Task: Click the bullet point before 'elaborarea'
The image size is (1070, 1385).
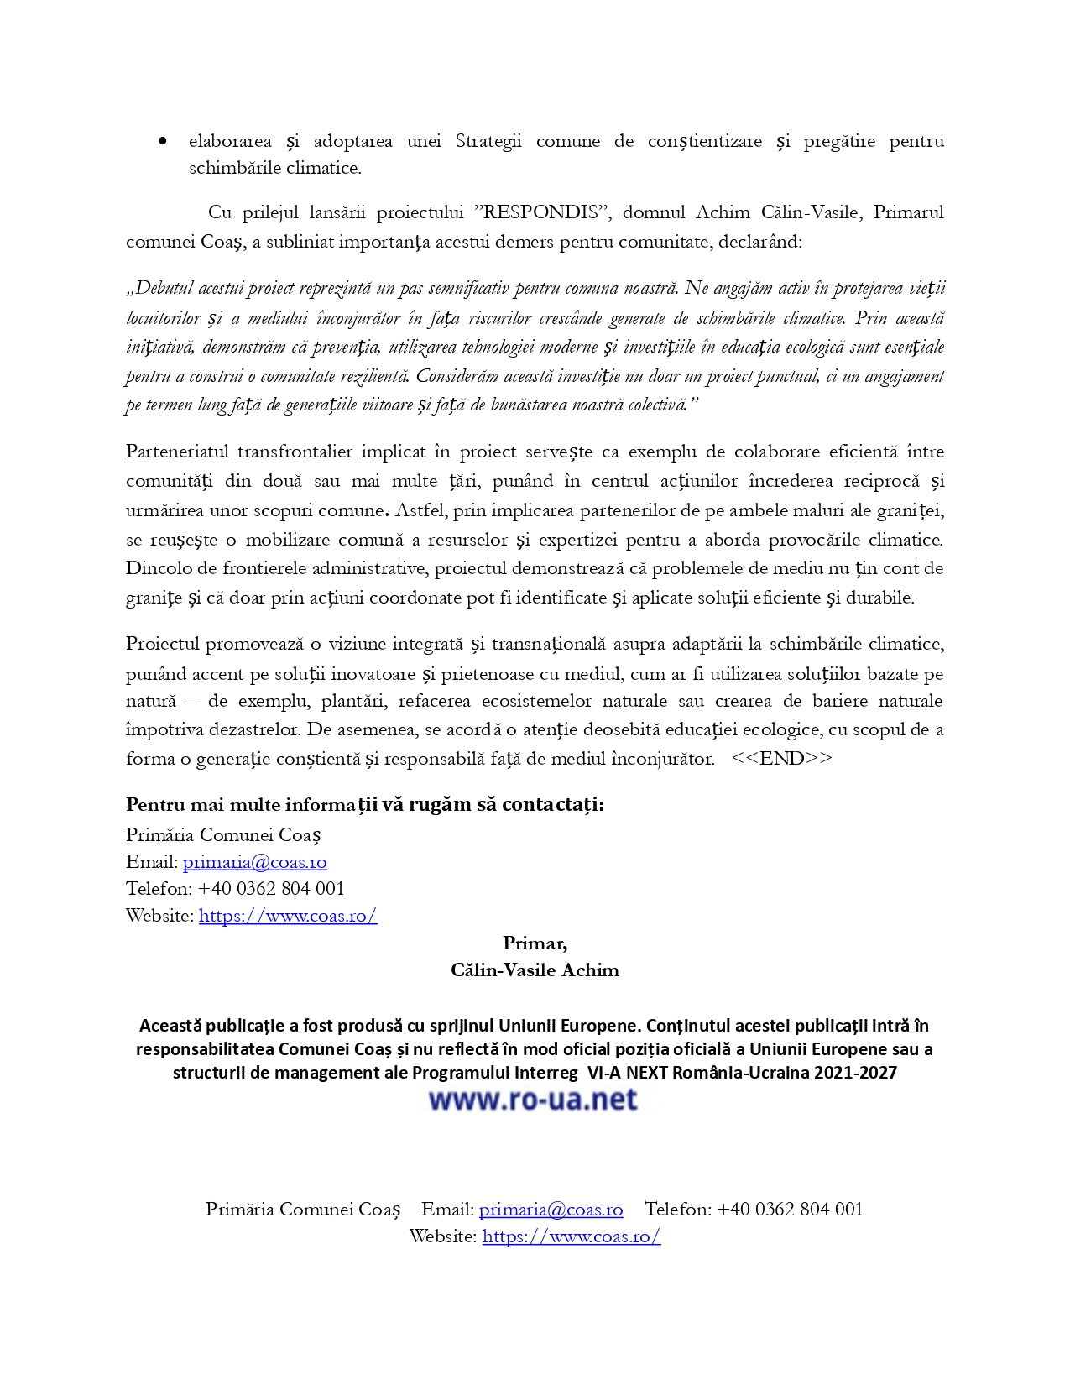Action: click(x=163, y=142)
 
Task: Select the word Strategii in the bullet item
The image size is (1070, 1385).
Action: click(x=488, y=141)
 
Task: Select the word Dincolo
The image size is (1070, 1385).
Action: click(x=157, y=568)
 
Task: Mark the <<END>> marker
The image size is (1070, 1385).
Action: click(x=781, y=759)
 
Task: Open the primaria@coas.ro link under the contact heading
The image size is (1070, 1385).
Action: click(x=254, y=862)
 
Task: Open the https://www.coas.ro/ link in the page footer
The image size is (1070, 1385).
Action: click(x=571, y=1236)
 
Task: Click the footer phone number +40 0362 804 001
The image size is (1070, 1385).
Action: click(x=790, y=1210)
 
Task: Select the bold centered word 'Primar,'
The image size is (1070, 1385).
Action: click(x=535, y=943)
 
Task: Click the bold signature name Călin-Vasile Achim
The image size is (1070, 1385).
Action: click(x=535, y=970)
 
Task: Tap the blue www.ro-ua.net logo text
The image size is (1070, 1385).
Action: click(x=533, y=1100)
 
